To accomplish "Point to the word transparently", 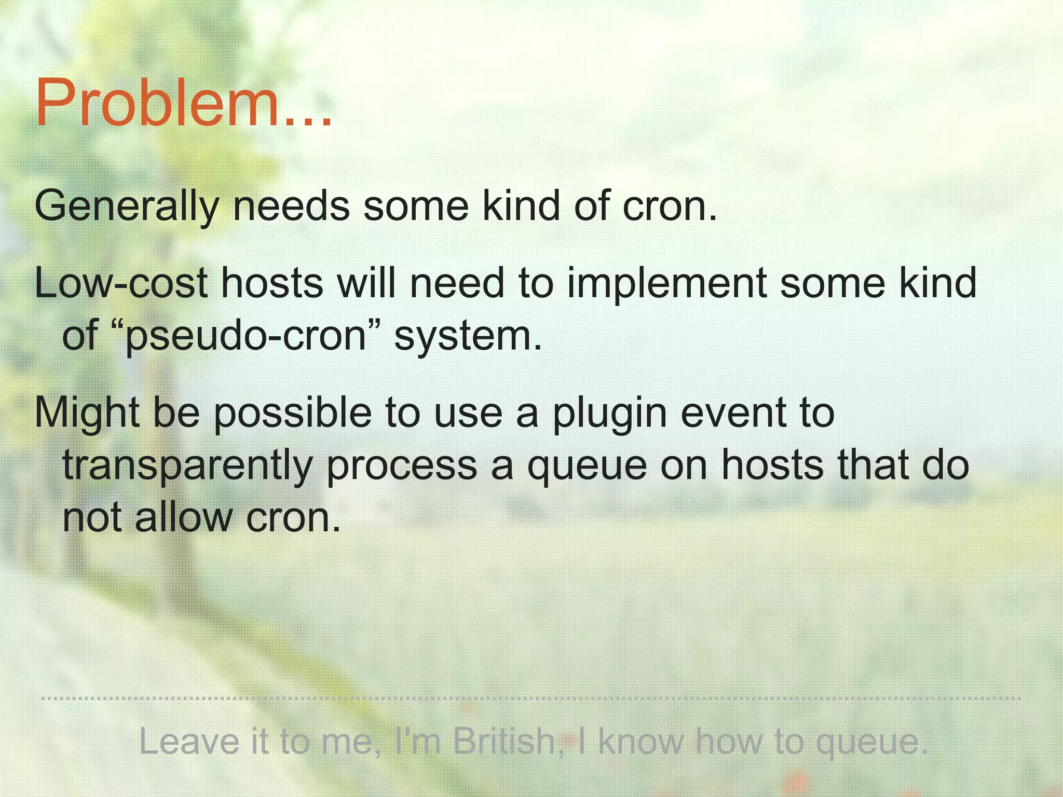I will coord(187,465).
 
